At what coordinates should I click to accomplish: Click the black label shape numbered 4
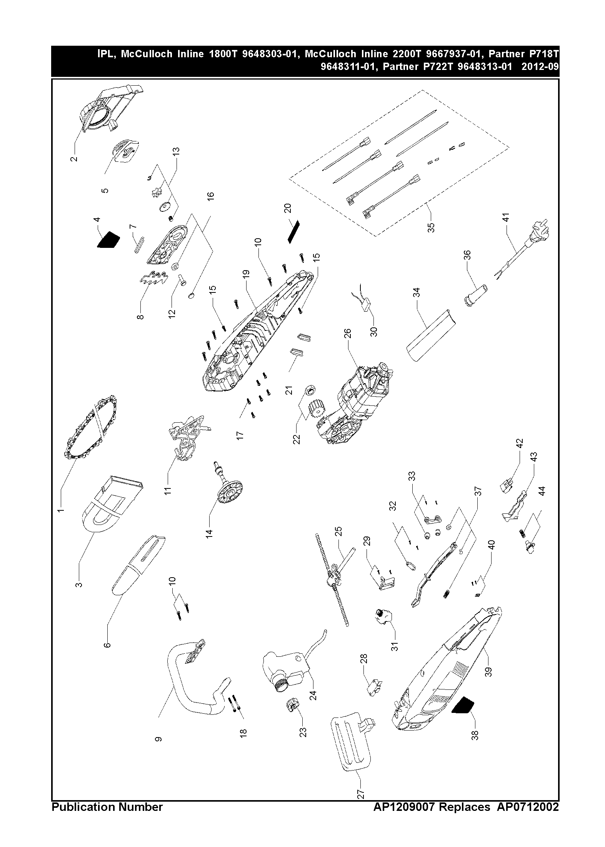tap(109, 240)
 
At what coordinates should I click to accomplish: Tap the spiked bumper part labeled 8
tap(153, 279)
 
